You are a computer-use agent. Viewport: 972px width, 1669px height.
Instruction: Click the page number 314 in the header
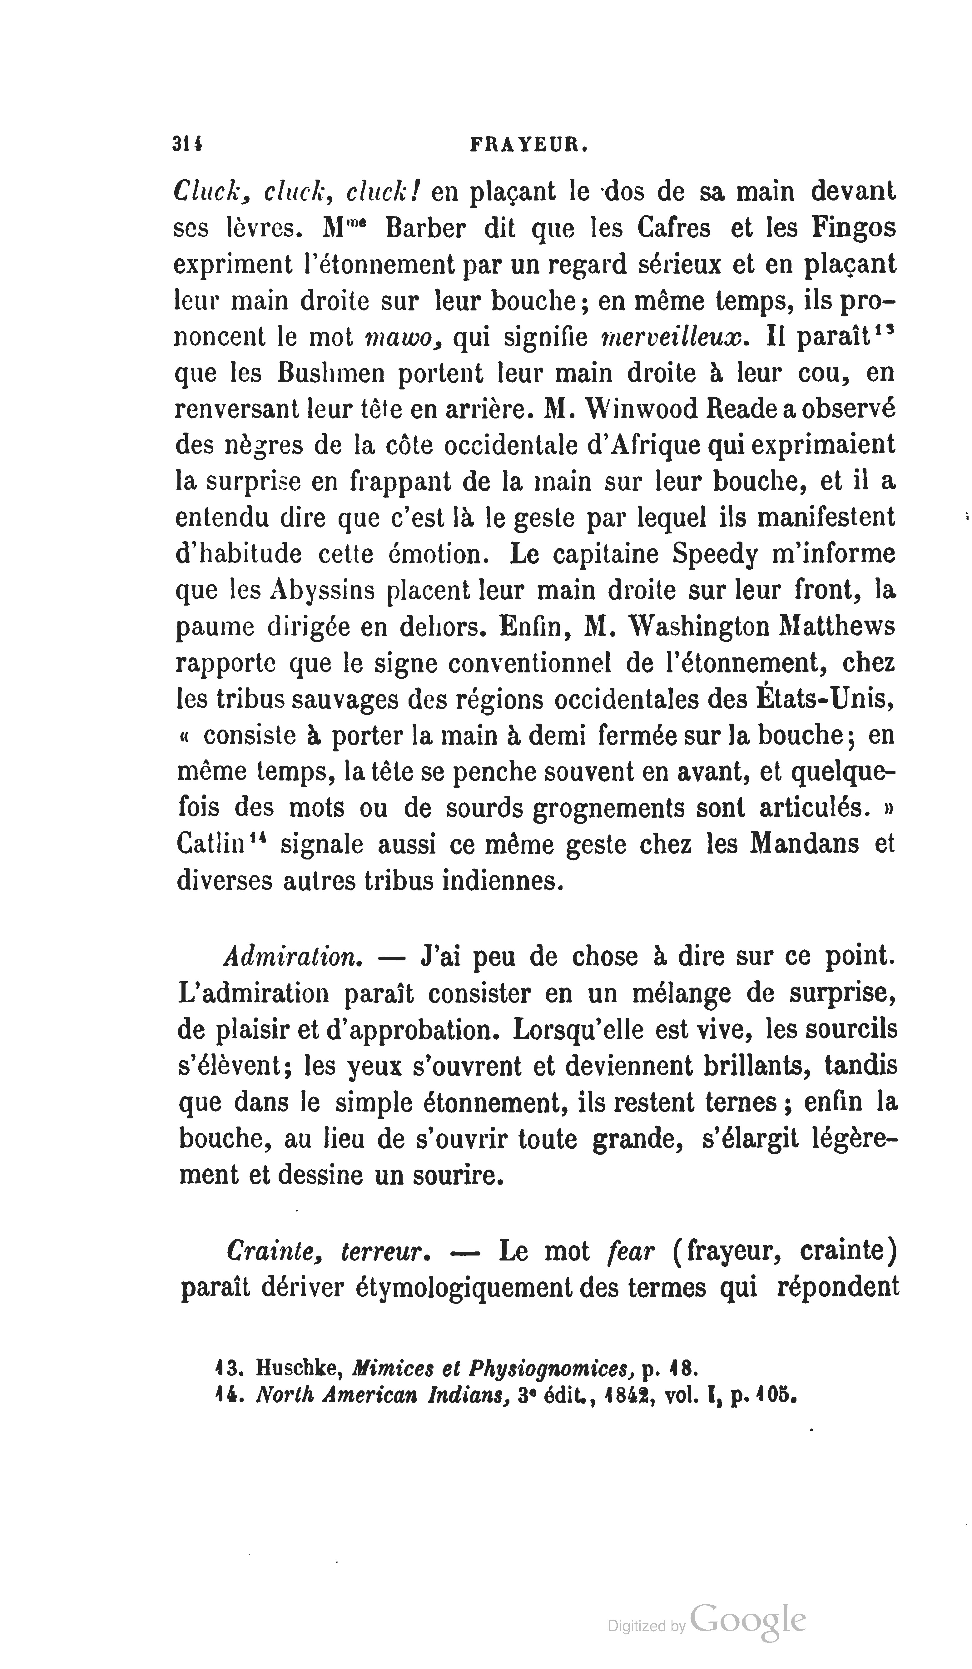pyautogui.click(x=187, y=145)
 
